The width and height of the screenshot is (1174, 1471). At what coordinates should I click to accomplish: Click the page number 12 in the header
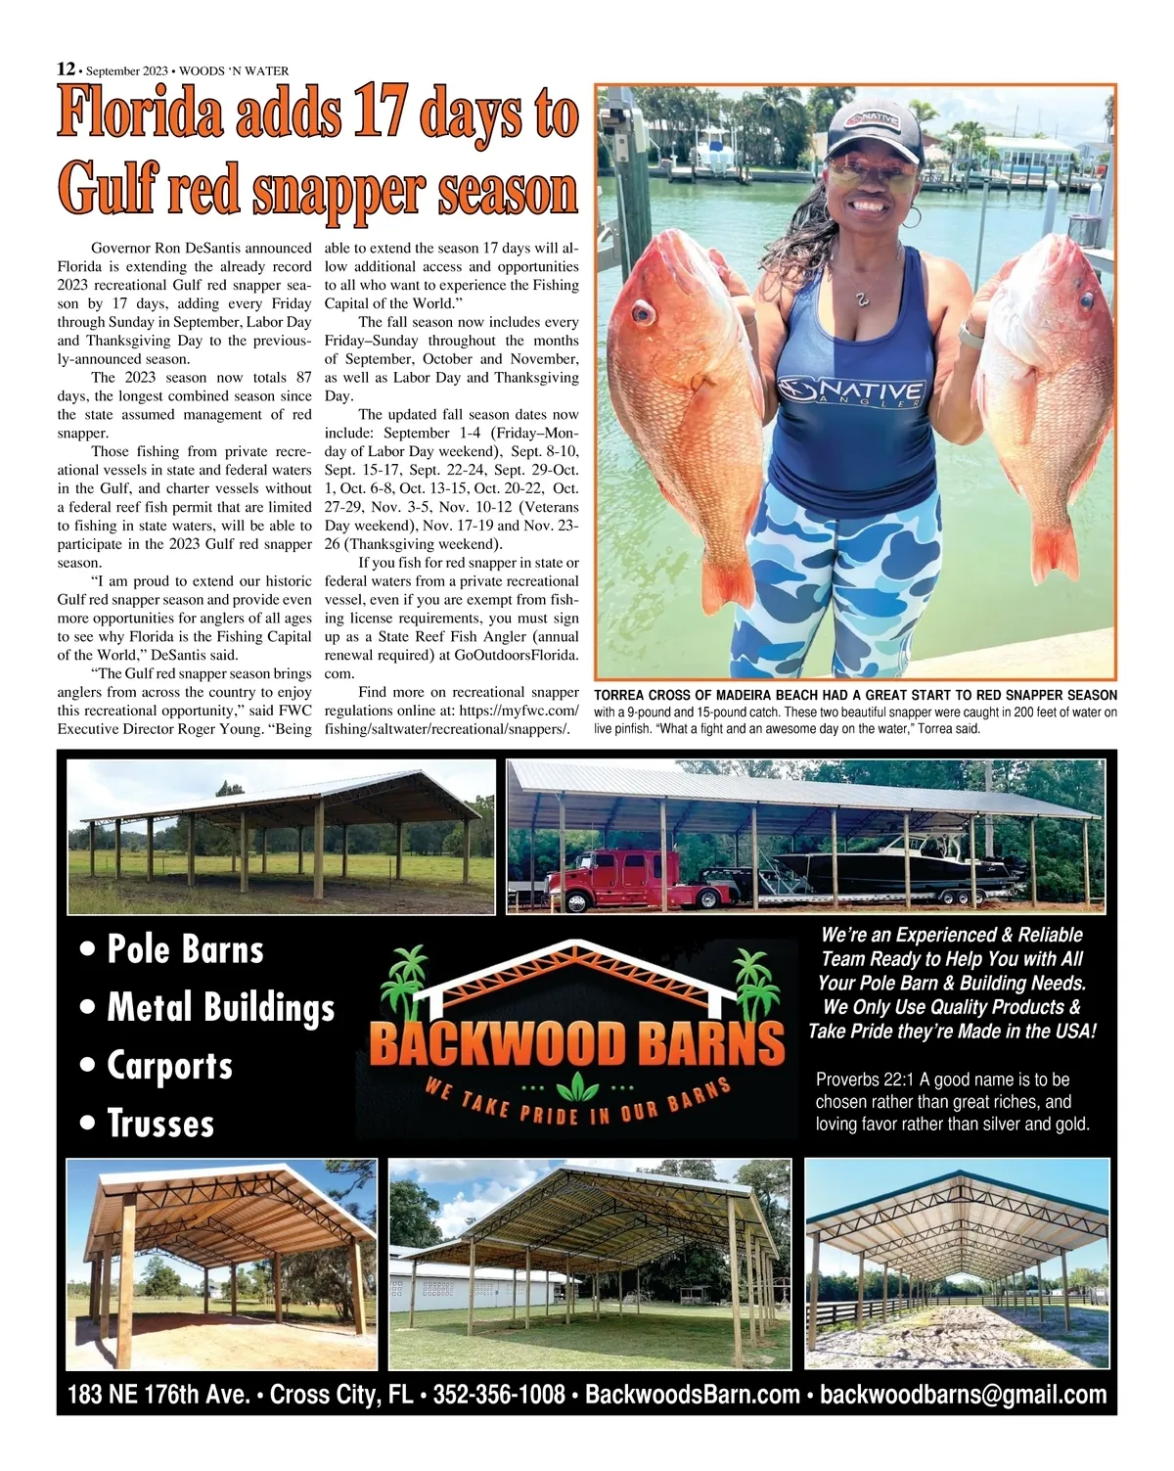point(66,69)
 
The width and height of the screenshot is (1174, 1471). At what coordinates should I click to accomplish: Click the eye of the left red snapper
point(642,313)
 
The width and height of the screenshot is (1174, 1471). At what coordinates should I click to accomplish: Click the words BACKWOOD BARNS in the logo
point(577,1043)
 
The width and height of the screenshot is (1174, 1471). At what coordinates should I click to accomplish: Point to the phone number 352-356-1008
point(499,1395)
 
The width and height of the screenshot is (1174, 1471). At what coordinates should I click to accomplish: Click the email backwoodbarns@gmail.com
point(963,1395)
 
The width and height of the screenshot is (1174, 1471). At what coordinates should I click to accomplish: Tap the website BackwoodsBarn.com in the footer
point(693,1395)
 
